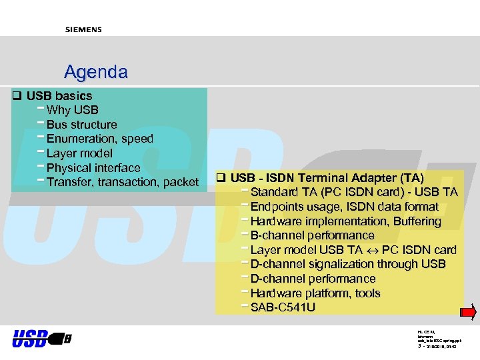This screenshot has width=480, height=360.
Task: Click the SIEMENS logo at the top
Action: click(x=83, y=29)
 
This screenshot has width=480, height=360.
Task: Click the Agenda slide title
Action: click(x=95, y=71)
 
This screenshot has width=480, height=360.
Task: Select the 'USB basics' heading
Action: click(x=59, y=96)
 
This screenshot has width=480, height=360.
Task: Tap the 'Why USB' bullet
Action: click(x=72, y=110)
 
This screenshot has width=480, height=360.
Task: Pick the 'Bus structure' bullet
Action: click(x=81, y=125)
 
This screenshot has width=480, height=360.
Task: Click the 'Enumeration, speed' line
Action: click(x=99, y=139)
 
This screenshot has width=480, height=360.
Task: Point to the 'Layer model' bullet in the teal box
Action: click(x=79, y=153)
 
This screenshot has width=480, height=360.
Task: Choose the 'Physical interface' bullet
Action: click(x=93, y=168)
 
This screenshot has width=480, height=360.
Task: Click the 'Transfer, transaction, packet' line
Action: click(x=122, y=182)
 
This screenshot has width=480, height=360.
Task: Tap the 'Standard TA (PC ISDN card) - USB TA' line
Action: click(x=353, y=193)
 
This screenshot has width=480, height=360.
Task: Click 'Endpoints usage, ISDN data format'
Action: click(x=344, y=207)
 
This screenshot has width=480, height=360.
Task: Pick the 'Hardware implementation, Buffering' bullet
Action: click(x=345, y=221)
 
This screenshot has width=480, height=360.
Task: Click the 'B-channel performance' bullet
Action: click(x=312, y=235)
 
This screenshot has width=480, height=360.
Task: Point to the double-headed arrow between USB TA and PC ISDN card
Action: click(x=373, y=251)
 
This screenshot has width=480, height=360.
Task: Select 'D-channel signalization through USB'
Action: click(x=347, y=264)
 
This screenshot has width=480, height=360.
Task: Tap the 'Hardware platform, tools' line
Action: click(x=315, y=293)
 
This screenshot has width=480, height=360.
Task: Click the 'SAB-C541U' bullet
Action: click(x=283, y=307)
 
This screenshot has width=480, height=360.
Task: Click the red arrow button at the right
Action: click(x=469, y=312)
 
